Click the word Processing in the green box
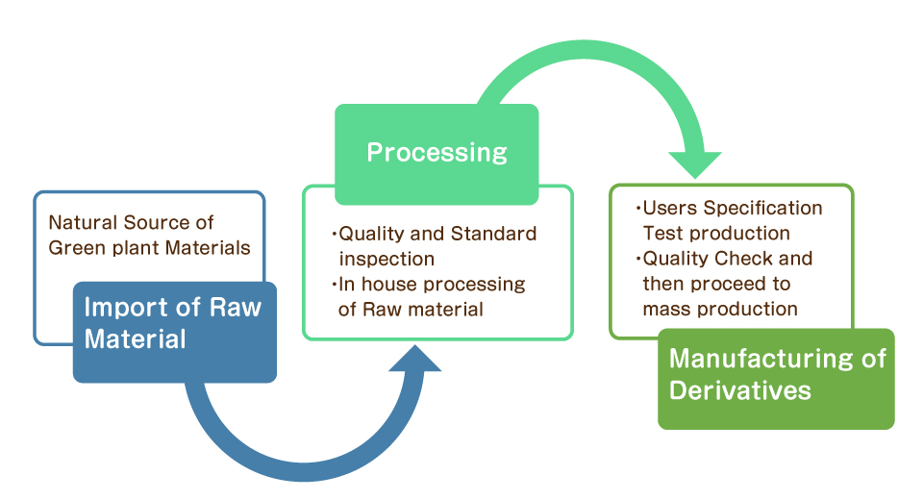437,153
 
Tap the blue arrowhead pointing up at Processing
415,360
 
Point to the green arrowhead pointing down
695,164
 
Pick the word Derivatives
740,391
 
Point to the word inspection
387,259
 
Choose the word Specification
762,209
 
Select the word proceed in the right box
729,285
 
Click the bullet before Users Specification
638,209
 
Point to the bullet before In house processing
335,285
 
